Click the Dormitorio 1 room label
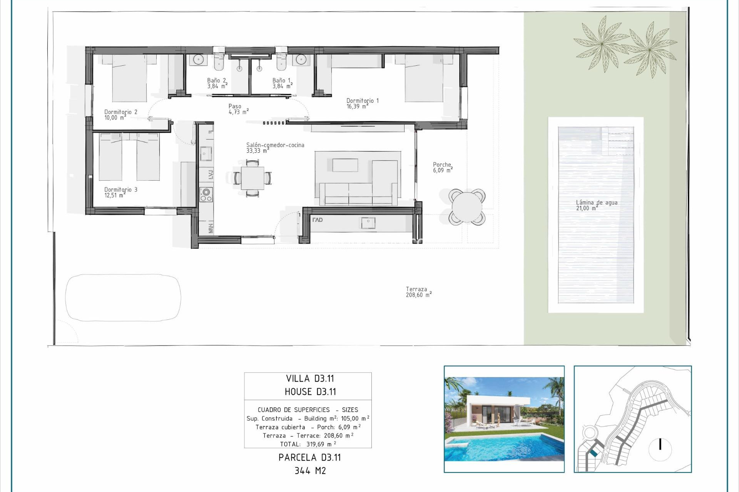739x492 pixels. pyautogui.click(x=362, y=103)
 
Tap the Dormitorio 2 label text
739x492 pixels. pyautogui.click(x=120, y=115)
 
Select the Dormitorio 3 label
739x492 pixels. pyautogui.click(x=120, y=192)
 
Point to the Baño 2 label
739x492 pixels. pyautogui.click(x=217, y=83)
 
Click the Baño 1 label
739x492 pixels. pyautogui.click(x=282, y=83)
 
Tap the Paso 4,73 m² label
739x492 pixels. pyautogui.click(x=238, y=109)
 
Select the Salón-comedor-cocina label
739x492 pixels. pyautogui.click(x=275, y=148)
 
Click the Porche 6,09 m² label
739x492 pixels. pyautogui.click(x=442, y=167)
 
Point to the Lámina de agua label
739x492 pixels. pyautogui.click(x=596, y=205)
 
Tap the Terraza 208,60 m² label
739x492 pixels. pyautogui.click(x=418, y=292)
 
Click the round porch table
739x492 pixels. pyautogui.click(x=466, y=207)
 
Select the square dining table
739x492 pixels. pyautogui.click(x=252, y=178)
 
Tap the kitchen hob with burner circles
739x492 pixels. pyautogui.click(x=206, y=194)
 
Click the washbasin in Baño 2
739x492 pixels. pyautogui.click(x=198, y=60)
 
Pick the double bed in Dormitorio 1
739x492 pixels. pyautogui.click(x=423, y=79)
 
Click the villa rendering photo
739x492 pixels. pyautogui.click(x=504, y=419)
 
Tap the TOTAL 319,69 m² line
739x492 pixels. pyautogui.click(x=308, y=444)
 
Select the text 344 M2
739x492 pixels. pyautogui.click(x=310, y=470)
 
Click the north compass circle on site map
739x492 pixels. pyautogui.click(x=660, y=449)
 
